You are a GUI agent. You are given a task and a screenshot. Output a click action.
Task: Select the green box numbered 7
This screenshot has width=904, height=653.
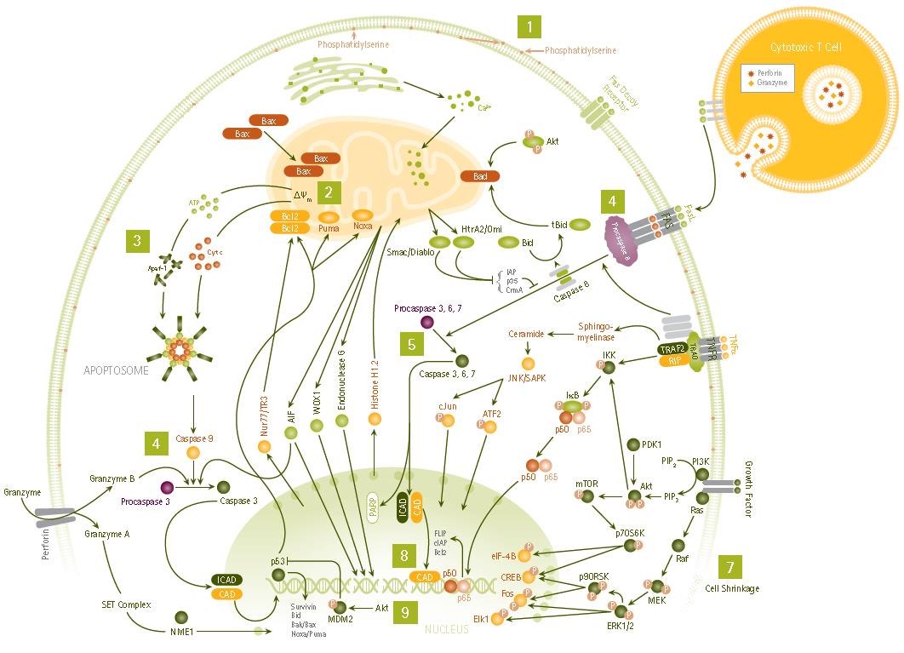point(730,567)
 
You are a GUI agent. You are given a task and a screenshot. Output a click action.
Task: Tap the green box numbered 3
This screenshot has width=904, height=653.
point(137,241)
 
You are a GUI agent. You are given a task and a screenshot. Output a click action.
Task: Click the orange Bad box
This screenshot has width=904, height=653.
point(480,176)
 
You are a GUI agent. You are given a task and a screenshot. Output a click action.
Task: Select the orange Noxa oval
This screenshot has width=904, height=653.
point(364,216)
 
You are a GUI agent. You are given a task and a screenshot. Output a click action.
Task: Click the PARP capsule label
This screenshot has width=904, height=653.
point(373,507)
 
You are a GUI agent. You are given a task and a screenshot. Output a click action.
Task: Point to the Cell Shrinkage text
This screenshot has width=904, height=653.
point(732,588)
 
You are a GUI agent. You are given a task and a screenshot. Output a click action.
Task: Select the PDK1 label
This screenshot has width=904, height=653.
point(652,444)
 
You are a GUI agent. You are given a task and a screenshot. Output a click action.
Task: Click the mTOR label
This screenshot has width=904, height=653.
point(587,484)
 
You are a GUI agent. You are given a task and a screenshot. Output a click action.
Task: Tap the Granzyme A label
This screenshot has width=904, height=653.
point(107,534)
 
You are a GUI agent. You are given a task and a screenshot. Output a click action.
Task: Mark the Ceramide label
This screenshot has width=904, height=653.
point(525,335)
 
